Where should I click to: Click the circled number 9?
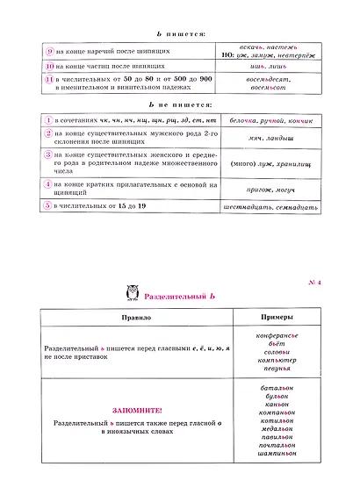[x=49, y=50]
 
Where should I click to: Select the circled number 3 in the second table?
[x=49, y=154]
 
